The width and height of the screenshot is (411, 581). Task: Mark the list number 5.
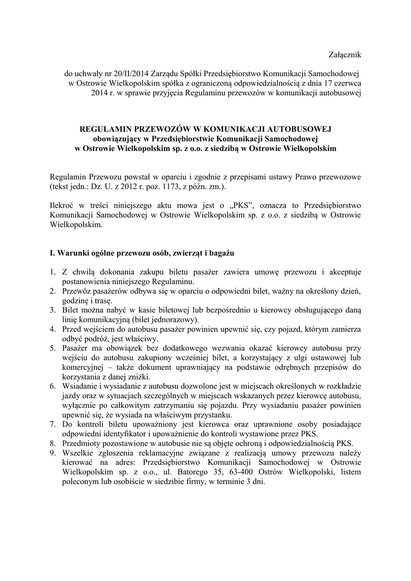(52, 348)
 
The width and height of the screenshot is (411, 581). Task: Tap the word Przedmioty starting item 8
(83, 444)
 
